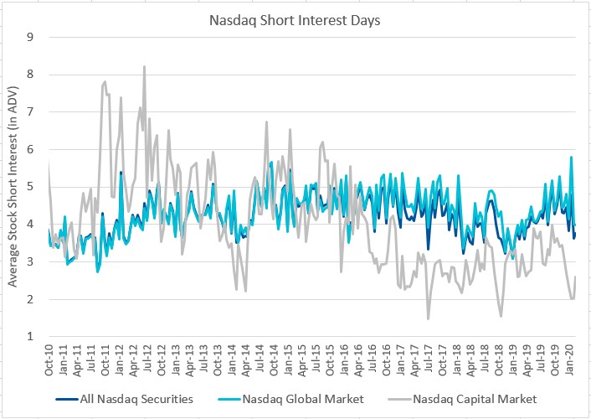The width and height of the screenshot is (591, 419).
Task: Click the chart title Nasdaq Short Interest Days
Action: tap(295, 18)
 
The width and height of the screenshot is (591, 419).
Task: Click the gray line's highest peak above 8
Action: tap(144, 66)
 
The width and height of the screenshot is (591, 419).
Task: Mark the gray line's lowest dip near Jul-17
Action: tap(428, 318)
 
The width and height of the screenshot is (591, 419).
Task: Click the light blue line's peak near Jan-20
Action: tap(571, 157)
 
